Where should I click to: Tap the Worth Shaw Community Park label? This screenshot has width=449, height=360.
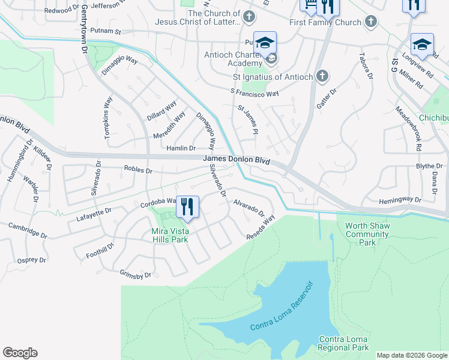coord(368,234)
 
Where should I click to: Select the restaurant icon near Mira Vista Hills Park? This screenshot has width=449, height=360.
coord(187,207)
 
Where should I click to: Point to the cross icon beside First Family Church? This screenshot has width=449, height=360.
coord(371,22)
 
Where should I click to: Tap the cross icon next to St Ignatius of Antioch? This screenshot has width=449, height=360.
coord(322,77)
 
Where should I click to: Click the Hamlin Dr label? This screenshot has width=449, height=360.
coord(181,148)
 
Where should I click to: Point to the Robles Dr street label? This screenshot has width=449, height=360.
coord(137,170)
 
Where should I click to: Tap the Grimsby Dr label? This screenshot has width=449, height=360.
coord(136,275)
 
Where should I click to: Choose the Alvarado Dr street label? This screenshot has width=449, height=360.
coord(249,208)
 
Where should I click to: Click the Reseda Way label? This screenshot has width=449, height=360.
coord(260,229)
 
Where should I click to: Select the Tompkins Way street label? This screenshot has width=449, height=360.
coord(109,119)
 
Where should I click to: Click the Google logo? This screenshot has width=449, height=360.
coord(20,353)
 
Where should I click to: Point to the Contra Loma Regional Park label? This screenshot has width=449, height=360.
coord(343,343)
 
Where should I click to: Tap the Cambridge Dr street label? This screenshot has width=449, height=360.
coord(28,230)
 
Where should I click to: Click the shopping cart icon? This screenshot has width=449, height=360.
coord(309,6)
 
